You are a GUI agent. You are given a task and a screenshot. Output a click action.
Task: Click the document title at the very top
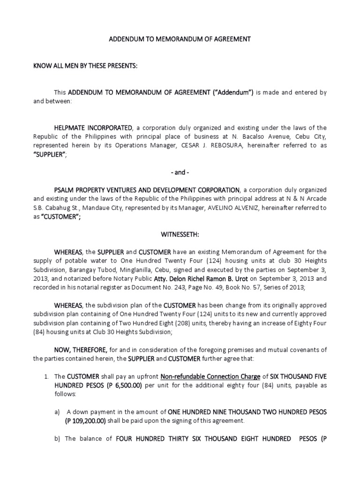[x=180, y=40]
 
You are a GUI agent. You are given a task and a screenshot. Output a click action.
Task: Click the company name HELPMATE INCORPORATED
[x=93, y=127]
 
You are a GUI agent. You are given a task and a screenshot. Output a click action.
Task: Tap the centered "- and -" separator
[x=180, y=172]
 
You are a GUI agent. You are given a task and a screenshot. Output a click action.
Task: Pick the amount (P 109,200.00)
[x=87, y=420]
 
